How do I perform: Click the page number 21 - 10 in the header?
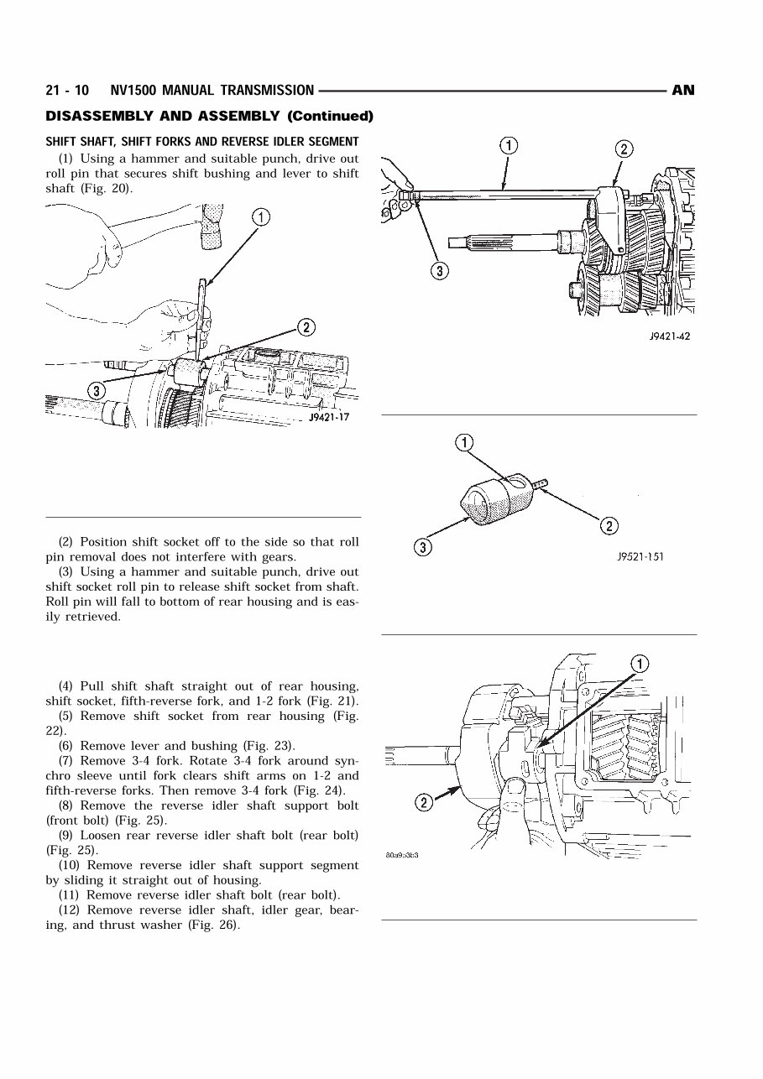click(69, 91)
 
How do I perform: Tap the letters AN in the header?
click(683, 91)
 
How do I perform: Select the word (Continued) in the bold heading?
click(330, 116)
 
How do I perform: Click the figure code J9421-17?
click(329, 417)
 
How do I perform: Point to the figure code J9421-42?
click(669, 337)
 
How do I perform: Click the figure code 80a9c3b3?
click(402, 856)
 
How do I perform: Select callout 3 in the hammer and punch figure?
click(97, 390)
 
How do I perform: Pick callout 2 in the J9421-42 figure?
click(625, 149)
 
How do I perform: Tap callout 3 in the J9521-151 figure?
click(422, 548)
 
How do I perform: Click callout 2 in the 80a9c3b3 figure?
click(424, 803)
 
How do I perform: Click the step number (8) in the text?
click(68, 805)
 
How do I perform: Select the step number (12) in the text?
click(71, 910)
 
